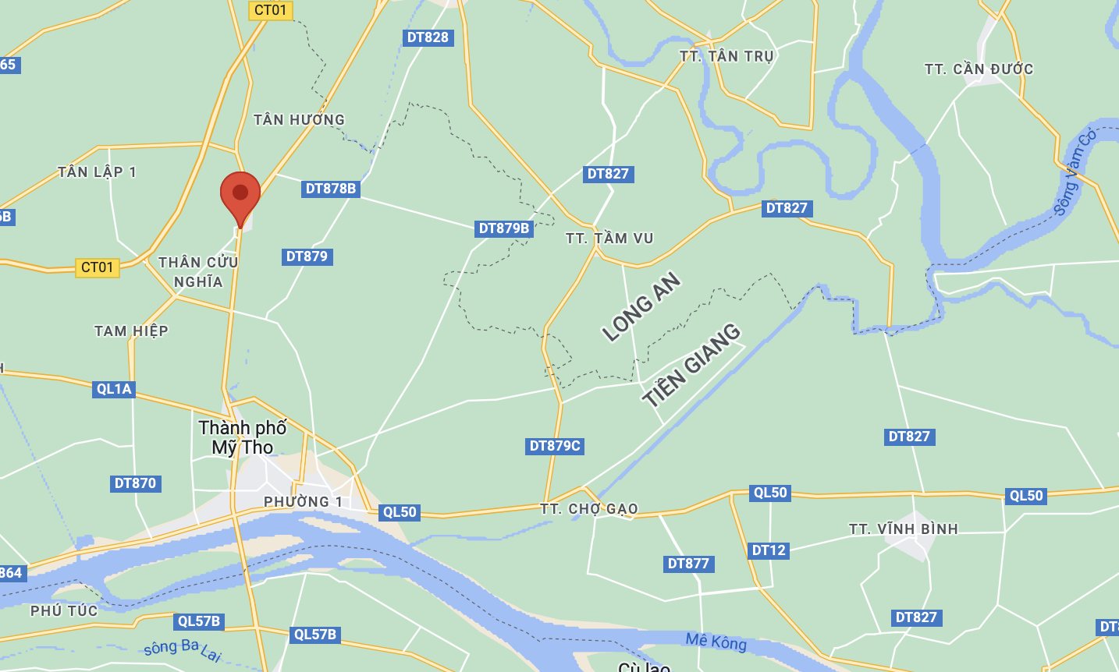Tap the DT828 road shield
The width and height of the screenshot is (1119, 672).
428,37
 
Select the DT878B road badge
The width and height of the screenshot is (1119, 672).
331,189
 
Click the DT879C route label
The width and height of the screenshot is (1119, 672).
555,446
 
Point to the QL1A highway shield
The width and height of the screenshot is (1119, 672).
114,389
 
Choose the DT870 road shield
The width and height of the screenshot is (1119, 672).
136,483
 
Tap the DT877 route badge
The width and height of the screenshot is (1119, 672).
688,564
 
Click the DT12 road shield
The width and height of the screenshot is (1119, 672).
769,550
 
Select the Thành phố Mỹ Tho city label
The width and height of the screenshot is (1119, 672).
243,437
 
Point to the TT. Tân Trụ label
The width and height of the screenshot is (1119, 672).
726,56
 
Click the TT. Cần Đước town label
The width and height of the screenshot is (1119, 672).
979,69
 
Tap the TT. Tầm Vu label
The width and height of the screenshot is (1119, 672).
609,239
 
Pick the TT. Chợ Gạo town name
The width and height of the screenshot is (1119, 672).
589,509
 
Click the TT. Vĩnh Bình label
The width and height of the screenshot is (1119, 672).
903,529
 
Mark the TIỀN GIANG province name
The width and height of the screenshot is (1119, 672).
691,365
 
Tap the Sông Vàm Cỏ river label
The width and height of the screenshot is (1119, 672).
1075,173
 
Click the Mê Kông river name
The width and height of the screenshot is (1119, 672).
716,642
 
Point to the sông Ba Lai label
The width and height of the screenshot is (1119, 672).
183,649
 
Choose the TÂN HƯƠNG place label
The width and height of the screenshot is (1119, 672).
299,120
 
